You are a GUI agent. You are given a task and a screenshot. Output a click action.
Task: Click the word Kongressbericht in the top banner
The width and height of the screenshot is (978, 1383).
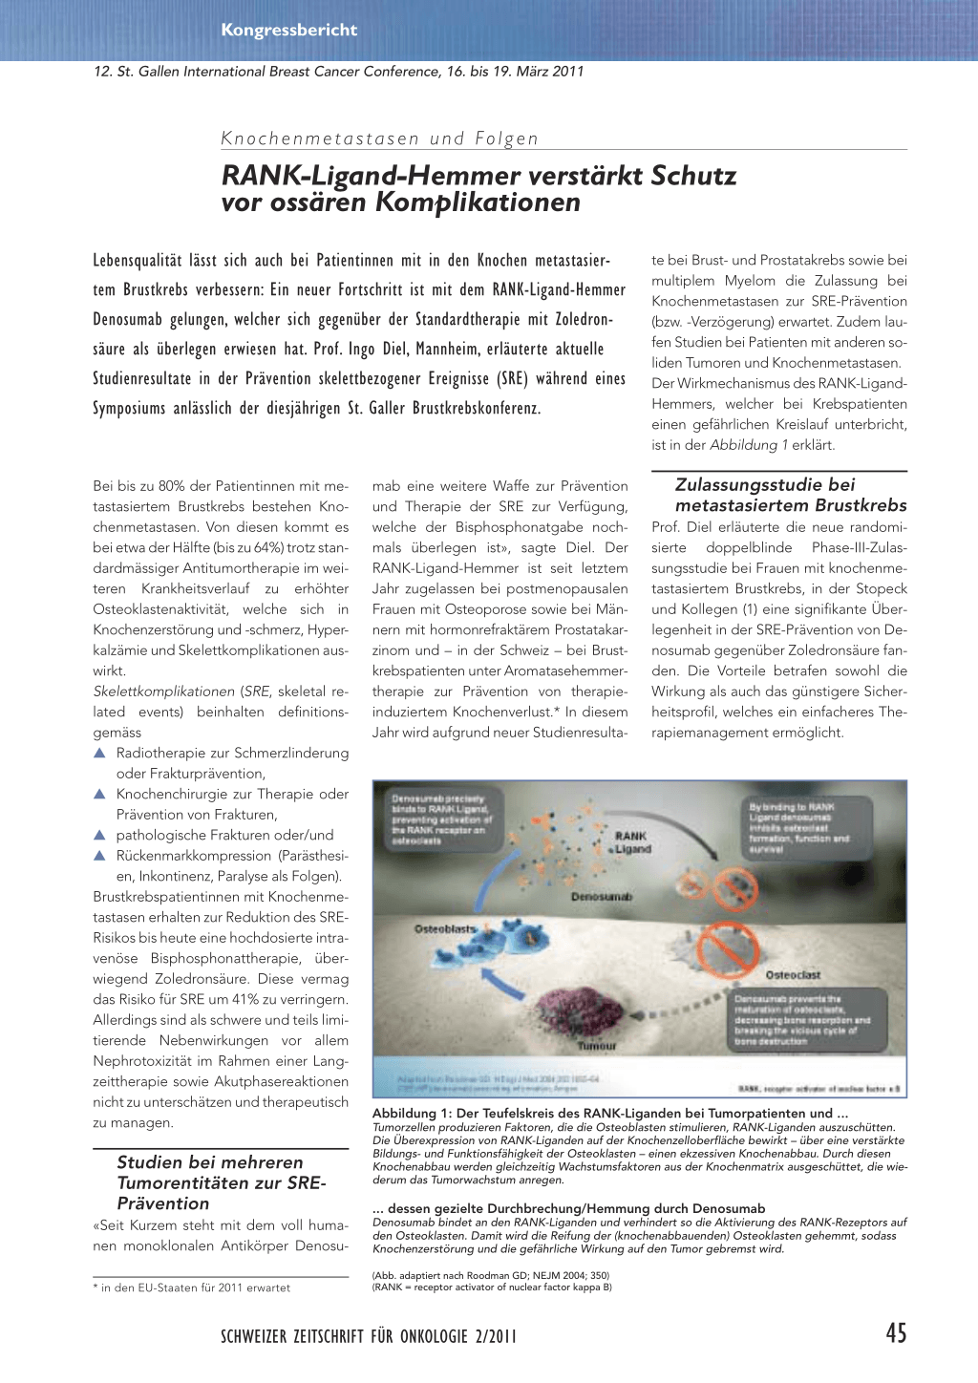click(x=288, y=30)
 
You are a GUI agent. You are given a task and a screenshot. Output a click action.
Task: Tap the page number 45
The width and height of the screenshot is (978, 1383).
click(x=896, y=1333)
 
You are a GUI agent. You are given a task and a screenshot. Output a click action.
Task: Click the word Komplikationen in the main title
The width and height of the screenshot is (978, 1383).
click(x=478, y=202)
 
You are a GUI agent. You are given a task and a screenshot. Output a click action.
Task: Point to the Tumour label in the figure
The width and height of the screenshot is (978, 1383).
click(x=596, y=1046)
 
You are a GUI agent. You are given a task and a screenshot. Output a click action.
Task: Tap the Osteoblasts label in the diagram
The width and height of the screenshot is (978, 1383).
click(x=444, y=928)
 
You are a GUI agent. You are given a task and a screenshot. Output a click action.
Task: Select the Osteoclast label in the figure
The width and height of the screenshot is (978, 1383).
click(x=793, y=975)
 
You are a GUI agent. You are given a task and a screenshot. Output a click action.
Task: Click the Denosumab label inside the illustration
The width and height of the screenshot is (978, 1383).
click(x=601, y=897)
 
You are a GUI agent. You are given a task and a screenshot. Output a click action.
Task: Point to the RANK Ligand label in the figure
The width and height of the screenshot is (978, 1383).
click(x=631, y=842)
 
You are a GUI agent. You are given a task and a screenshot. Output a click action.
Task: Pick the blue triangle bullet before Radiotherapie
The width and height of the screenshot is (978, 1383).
click(x=99, y=753)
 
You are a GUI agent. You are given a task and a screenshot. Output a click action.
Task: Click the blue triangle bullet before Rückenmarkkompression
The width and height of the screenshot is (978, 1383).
click(x=99, y=856)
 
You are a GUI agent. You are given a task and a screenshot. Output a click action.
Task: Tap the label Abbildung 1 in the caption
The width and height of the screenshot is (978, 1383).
click(x=411, y=1114)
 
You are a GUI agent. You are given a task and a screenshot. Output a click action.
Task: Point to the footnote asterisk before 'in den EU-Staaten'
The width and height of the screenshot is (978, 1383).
click(x=96, y=1287)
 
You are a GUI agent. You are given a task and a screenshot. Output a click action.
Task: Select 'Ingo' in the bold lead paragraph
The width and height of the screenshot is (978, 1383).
click(x=361, y=349)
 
